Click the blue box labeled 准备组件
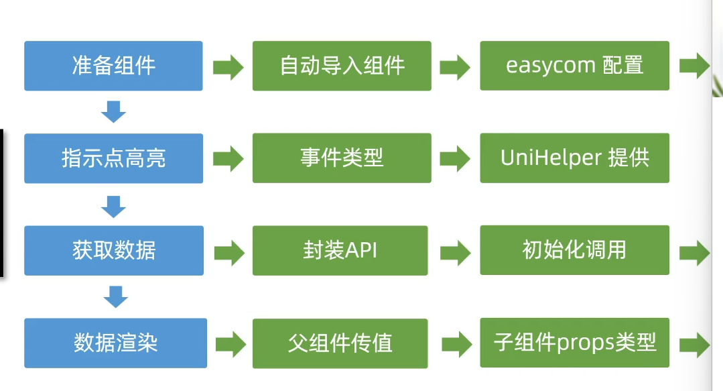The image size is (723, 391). point(113,66)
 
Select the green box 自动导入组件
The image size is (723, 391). point(342,66)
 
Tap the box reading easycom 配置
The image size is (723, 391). point(574,66)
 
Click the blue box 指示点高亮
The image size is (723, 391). point(113,158)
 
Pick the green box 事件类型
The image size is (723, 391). point(342,158)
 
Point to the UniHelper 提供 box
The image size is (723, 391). point(574,158)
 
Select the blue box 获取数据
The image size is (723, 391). point(114,251)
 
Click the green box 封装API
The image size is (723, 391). point(340,251)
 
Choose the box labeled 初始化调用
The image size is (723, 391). point(574,250)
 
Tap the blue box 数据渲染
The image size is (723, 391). point(115,343)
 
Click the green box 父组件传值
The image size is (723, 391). point(340,343)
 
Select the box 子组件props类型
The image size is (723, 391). point(574,343)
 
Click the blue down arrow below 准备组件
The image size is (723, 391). point(113,112)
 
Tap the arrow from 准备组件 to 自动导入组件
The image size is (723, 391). point(228,67)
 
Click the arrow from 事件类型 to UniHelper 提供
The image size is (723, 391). point(455,159)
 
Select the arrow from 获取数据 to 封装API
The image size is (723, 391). point(230,253)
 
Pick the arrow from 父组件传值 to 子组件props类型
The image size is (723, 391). point(457,344)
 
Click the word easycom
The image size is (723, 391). point(551,66)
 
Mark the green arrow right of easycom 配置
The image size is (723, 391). point(695,66)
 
